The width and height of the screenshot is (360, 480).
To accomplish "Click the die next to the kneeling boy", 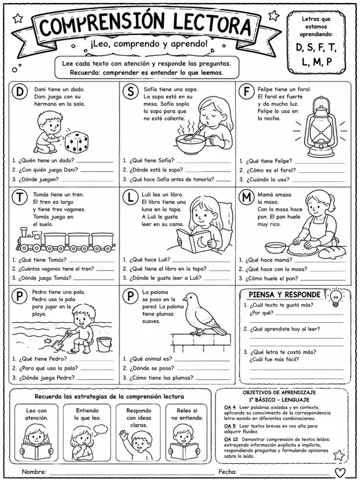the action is tap(77, 142).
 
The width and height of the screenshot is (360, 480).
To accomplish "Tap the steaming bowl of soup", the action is tap(191, 144).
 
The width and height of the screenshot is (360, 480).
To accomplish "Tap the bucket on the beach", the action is tap(104, 344).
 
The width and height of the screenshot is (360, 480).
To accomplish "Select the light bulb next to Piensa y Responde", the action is tap(336, 297).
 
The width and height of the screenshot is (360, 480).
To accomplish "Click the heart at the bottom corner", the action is tap(340, 472).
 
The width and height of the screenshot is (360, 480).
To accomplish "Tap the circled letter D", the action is tap(20, 92).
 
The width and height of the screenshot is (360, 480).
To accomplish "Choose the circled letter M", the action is tap(247, 198).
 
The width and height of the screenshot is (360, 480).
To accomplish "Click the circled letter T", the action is tap(20, 198).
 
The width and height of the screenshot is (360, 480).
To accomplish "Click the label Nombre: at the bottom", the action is tap(34, 472).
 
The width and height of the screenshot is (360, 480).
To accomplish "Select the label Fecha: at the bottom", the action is tap(227, 472).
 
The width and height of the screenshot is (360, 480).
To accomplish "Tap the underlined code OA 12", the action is tap(231, 439).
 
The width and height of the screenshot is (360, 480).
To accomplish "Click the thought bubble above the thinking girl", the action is tap(100, 430).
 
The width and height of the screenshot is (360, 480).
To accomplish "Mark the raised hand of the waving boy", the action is tap(123, 434).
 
